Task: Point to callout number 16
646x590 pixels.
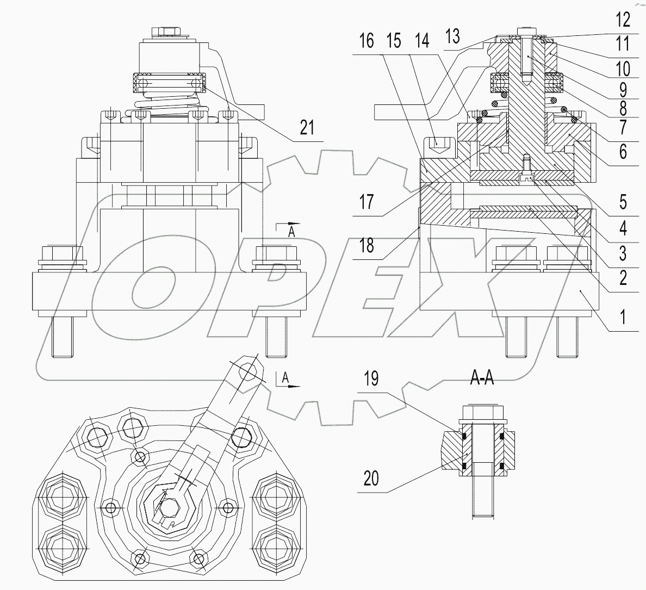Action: coord(367,41)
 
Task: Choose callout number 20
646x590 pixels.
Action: coord(371,479)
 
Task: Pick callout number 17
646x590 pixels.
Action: coord(367,202)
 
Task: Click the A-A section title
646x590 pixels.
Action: coord(482,379)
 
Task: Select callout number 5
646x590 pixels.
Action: coord(623,202)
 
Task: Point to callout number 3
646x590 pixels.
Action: coord(623,253)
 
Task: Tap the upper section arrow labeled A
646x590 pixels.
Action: coord(288,227)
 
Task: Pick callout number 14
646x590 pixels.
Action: coord(421,41)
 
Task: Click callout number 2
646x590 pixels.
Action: coord(623,278)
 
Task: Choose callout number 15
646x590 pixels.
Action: coord(394,41)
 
